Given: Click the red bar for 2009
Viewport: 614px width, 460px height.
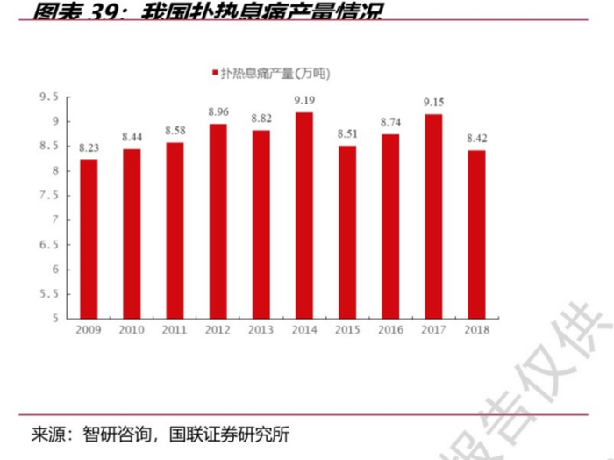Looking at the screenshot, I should coord(89,238).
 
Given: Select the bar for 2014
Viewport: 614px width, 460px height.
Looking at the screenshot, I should coord(304,214).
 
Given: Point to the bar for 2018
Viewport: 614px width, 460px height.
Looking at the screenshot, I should coord(476,234).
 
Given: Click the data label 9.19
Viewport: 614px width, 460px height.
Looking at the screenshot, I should coord(304,101).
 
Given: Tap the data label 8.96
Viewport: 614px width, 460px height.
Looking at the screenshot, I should coord(218,112).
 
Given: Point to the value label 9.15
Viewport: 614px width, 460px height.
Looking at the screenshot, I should coord(433,103).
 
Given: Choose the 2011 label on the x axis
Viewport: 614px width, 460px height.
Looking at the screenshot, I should coord(175,330).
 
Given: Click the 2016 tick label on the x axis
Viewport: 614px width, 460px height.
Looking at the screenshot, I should coord(390,330).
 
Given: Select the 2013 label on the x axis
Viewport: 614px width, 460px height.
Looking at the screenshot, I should coord(261,330).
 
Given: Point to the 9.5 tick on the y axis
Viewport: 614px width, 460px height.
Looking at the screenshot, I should coord(48,97).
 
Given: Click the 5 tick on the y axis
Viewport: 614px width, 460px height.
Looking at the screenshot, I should coord(54,318).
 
